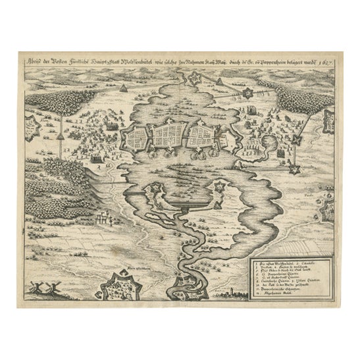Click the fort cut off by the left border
(x=30, y=122)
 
